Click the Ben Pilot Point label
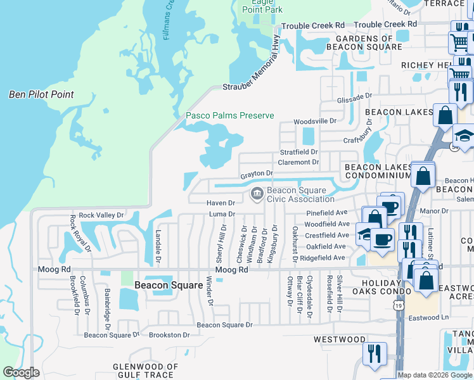coord(41,94)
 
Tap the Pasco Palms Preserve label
coord(229,115)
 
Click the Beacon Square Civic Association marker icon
coord(257,193)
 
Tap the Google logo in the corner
coord(21,372)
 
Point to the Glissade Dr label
coord(354,98)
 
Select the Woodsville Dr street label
coord(314,121)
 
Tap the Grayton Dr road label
coord(256,173)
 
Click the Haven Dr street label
coord(221,203)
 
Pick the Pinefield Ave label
coord(326,213)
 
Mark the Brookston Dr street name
coord(169,334)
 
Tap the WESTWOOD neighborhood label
coord(340,339)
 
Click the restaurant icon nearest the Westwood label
coord(375,353)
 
